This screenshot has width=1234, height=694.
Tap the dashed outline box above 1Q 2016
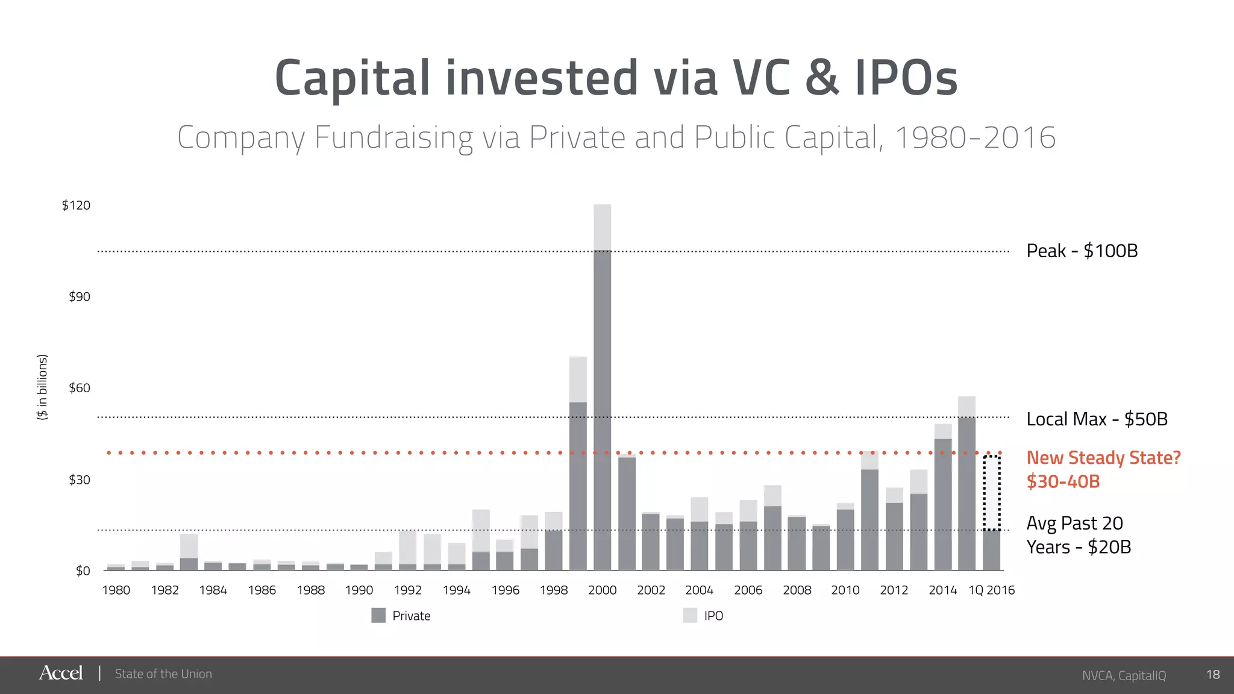992,493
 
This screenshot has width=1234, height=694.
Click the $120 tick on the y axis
76,205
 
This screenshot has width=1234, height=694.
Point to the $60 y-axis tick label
79,388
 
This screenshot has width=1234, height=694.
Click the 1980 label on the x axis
116,590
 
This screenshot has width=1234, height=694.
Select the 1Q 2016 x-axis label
991,590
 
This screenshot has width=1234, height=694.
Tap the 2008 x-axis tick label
797,590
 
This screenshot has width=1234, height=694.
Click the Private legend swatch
378,615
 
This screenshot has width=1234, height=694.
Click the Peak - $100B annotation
1082,251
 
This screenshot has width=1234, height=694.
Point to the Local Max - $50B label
1097,419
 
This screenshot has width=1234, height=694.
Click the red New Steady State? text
1103,458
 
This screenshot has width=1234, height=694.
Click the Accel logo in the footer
61,673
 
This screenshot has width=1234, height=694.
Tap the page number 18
1213,675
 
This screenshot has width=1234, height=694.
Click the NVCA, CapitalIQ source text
1124,675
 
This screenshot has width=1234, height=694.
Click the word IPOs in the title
906,78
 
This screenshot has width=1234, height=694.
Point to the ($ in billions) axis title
42,387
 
